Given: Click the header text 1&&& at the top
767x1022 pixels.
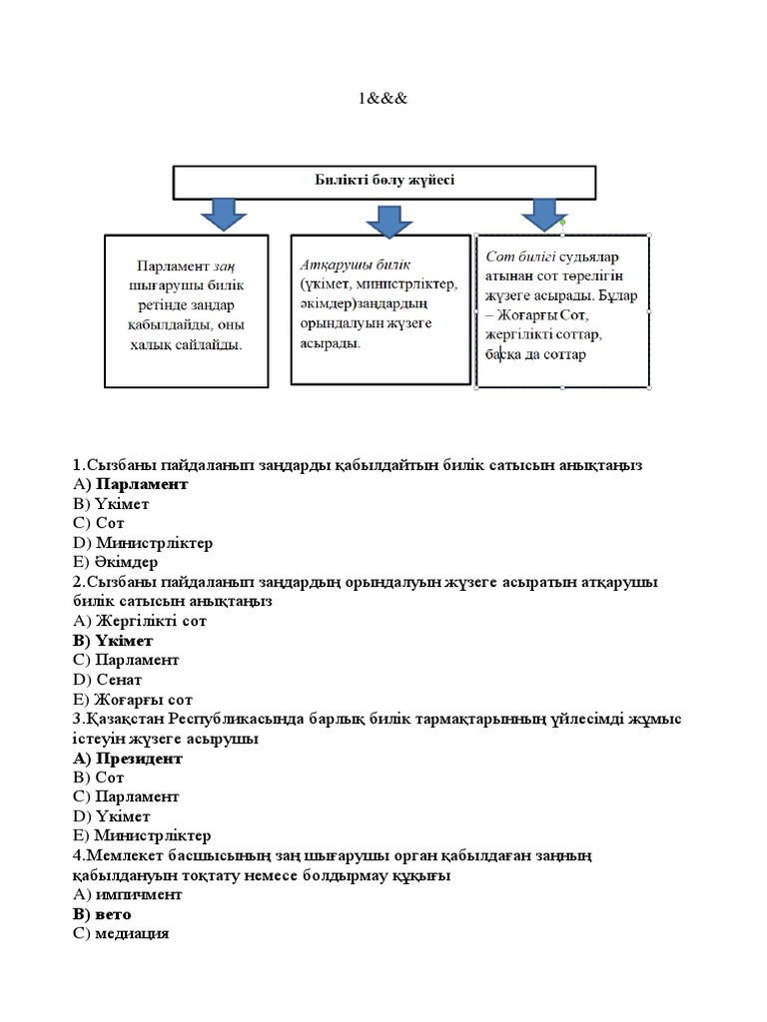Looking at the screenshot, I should point(383,99).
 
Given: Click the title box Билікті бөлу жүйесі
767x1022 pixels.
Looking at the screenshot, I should point(384,182).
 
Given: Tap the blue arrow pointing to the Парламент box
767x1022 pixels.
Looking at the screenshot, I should point(224,215).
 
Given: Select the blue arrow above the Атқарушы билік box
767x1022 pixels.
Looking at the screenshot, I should point(383,218).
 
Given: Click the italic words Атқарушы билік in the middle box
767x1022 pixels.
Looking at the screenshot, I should point(341,263).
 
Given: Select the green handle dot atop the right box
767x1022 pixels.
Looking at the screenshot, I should point(563,222).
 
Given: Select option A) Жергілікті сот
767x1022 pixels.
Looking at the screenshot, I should point(139,621).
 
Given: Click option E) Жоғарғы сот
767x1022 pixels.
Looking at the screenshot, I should point(132,700).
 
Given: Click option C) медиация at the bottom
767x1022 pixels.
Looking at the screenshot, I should point(121,934).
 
